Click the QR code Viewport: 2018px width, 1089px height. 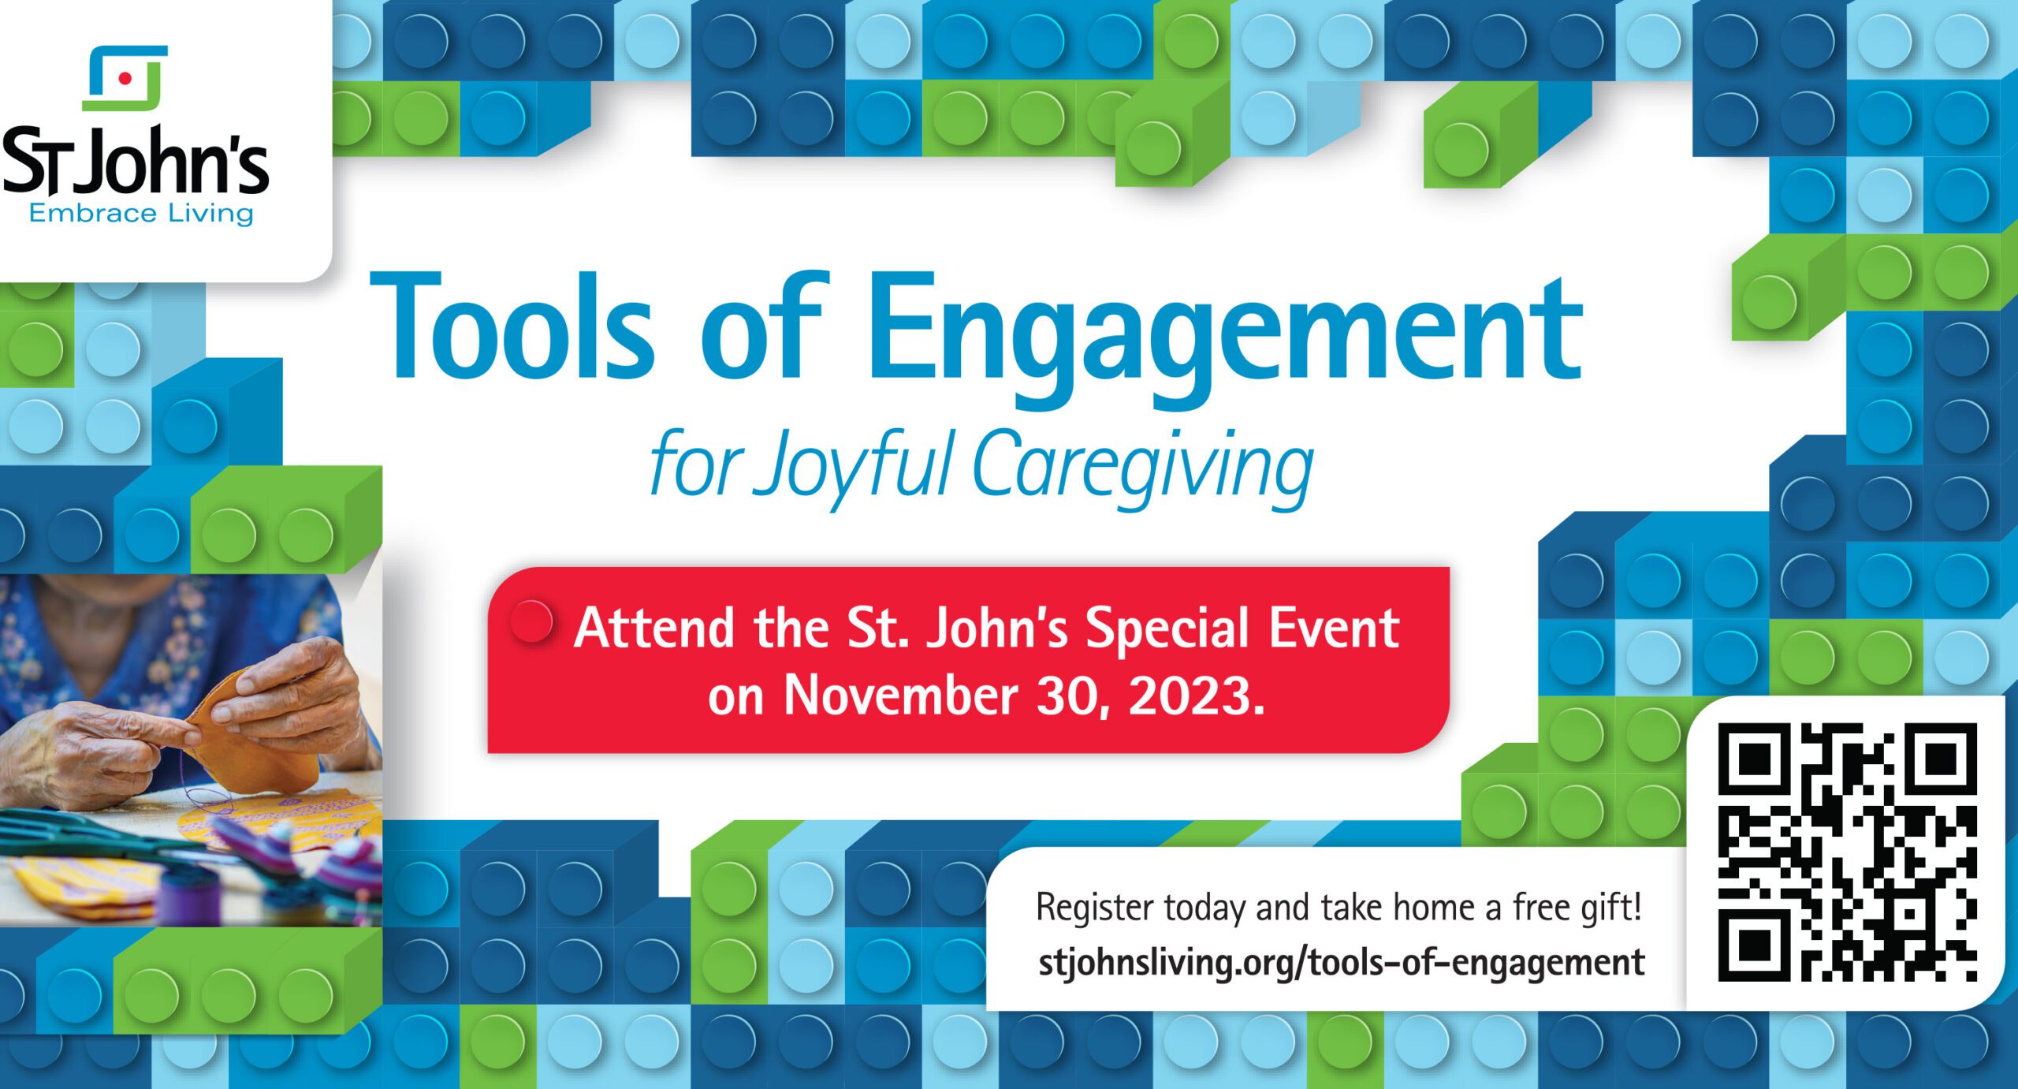[x=1847, y=852]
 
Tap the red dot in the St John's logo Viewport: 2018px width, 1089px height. [x=125, y=77]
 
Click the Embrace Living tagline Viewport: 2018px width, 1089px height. [x=141, y=213]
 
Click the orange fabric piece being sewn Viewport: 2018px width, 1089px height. [x=252, y=733]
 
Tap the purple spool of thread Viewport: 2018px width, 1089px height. [x=187, y=896]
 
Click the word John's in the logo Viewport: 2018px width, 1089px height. [x=175, y=162]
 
